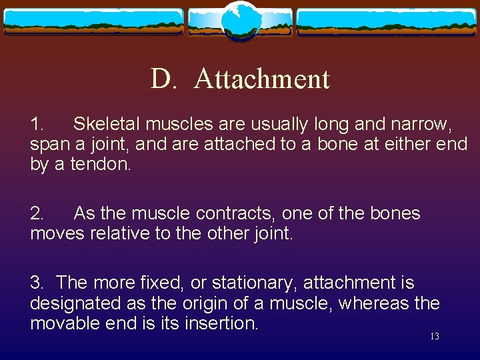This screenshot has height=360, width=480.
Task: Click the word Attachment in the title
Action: click(262, 79)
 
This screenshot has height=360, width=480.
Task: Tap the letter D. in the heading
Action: click(163, 79)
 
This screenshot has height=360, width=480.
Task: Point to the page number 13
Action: click(434, 337)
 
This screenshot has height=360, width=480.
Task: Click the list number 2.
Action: click(37, 213)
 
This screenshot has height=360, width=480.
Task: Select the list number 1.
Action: click(37, 124)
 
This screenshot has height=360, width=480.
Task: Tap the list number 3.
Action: click(37, 283)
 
